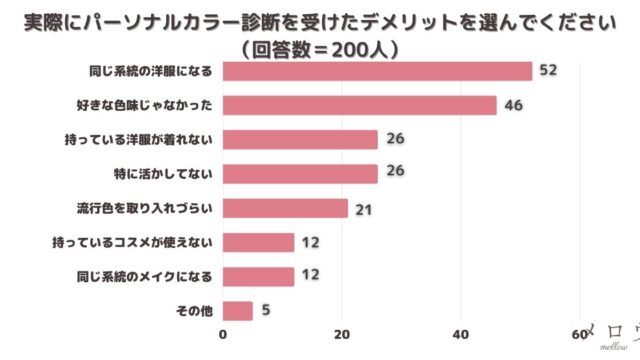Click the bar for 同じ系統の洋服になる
point(377,71)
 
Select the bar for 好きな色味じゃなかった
point(359,105)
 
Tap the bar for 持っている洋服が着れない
point(300,139)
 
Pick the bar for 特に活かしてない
point(300,173)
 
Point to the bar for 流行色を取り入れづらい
point(285,208)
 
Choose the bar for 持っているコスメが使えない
point(258,242)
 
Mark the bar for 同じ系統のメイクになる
point(258,276)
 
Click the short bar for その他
point(237,311)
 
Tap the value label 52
point(547,70)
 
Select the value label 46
point(512,104)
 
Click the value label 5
point(265,311)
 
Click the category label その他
point(194,311)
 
